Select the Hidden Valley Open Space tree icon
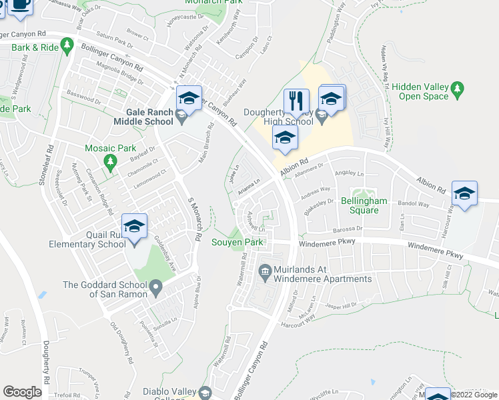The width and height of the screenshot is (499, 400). point(457,88)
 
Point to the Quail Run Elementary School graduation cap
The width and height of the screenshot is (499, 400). point(134,226)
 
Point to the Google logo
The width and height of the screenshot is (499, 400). point(22,392)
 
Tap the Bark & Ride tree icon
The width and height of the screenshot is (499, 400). point(66,45)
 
